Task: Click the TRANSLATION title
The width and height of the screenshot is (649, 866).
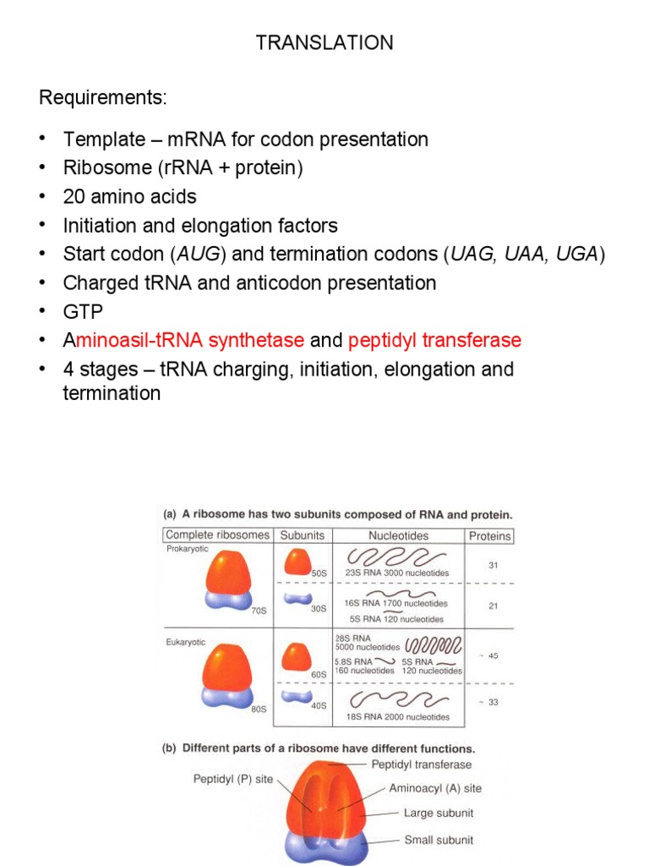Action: pyautogui.click(x=324, y=43)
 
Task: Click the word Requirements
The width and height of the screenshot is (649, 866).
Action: pyautogui.click(x=103, y=98)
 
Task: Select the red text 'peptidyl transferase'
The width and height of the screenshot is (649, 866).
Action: pyautogui.click(x=434, y=341)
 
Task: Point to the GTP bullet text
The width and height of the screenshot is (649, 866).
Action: pyautogui.click(x=82, y=312)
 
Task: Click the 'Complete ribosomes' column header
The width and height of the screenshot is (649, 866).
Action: pyautogui.click(x=218, y=535)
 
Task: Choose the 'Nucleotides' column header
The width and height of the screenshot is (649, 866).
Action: pyautogui.click(x=398, y=535)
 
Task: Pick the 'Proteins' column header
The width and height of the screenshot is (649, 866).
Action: pyautogui.click(x=490, y=536)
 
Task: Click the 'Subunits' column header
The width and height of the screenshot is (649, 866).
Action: pyautogui.click(x=303, y=535)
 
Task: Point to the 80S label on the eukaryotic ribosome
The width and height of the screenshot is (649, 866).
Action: pyautogui.click(x=259, y=709)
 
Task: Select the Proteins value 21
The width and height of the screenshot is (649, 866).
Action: pyautogui.click(x=492, y=606)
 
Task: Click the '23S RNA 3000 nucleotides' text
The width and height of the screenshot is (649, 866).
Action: pyautogui.click(x=396, y=573)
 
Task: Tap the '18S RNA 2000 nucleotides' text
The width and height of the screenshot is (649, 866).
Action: pyautogui.click(x=396, y=717)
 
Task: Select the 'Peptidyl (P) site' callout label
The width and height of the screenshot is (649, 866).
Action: pyautogui.click(x=233, y=779)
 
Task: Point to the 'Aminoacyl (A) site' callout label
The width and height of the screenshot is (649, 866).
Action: pyautogui.click(x=435, y=788)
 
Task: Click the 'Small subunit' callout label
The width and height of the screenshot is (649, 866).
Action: pyautogui.click(x=439, y=840)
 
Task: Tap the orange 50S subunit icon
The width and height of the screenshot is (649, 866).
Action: pyautogui.click(x=297, y=561)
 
